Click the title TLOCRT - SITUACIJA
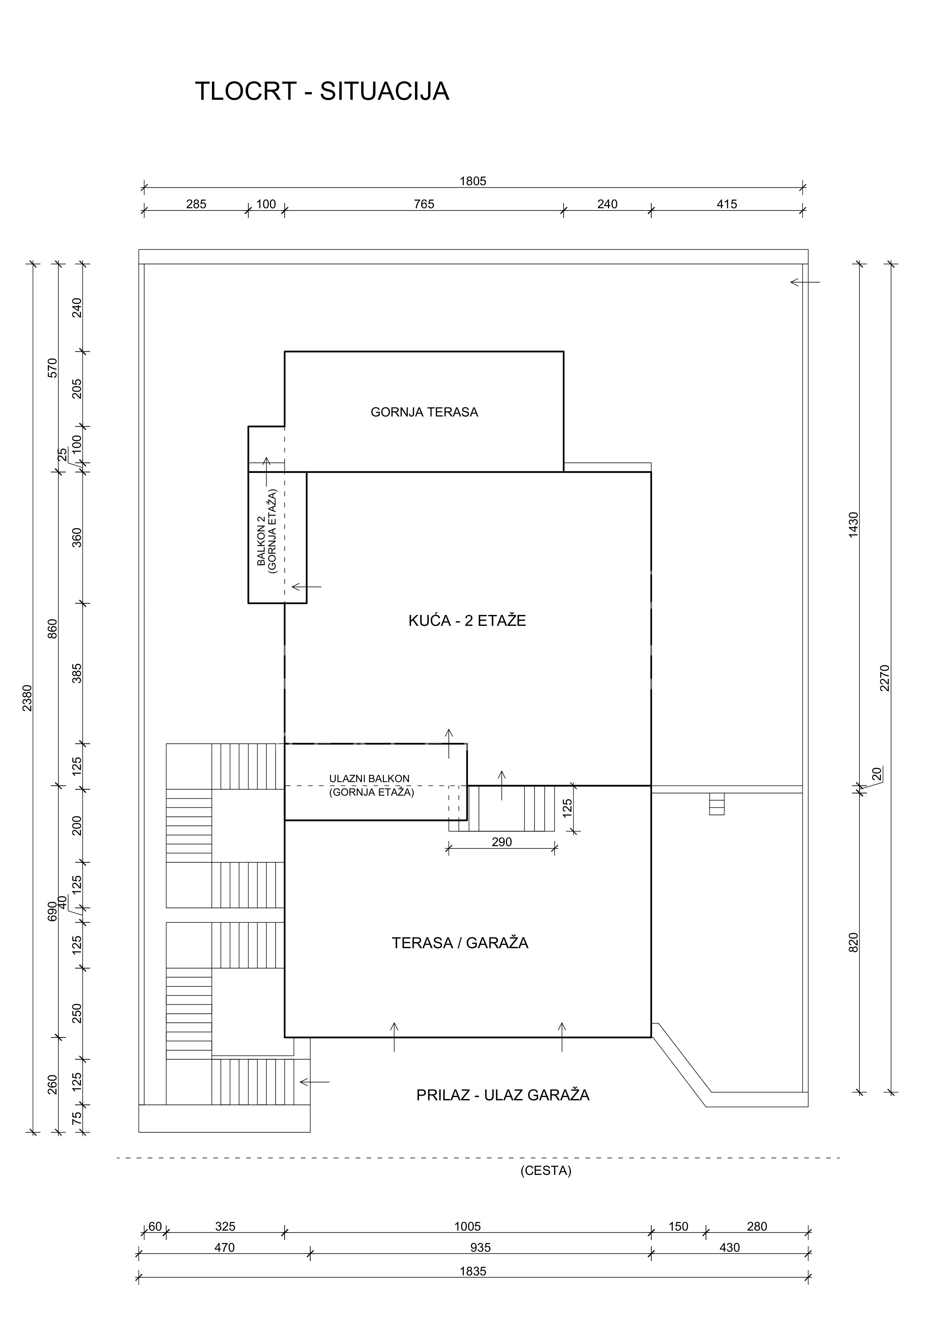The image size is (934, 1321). click(322, 91)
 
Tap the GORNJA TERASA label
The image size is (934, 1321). click(424, 412)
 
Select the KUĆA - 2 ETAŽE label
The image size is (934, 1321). click(467, 620)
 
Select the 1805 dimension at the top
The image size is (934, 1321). click(473, 181)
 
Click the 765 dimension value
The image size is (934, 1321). click(424, 204)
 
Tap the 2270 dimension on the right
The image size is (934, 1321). click(885, 678)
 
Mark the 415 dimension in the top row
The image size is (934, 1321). click(727, 204)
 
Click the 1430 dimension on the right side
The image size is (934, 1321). click(853, 525)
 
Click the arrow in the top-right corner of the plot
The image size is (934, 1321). click(805, 282)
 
